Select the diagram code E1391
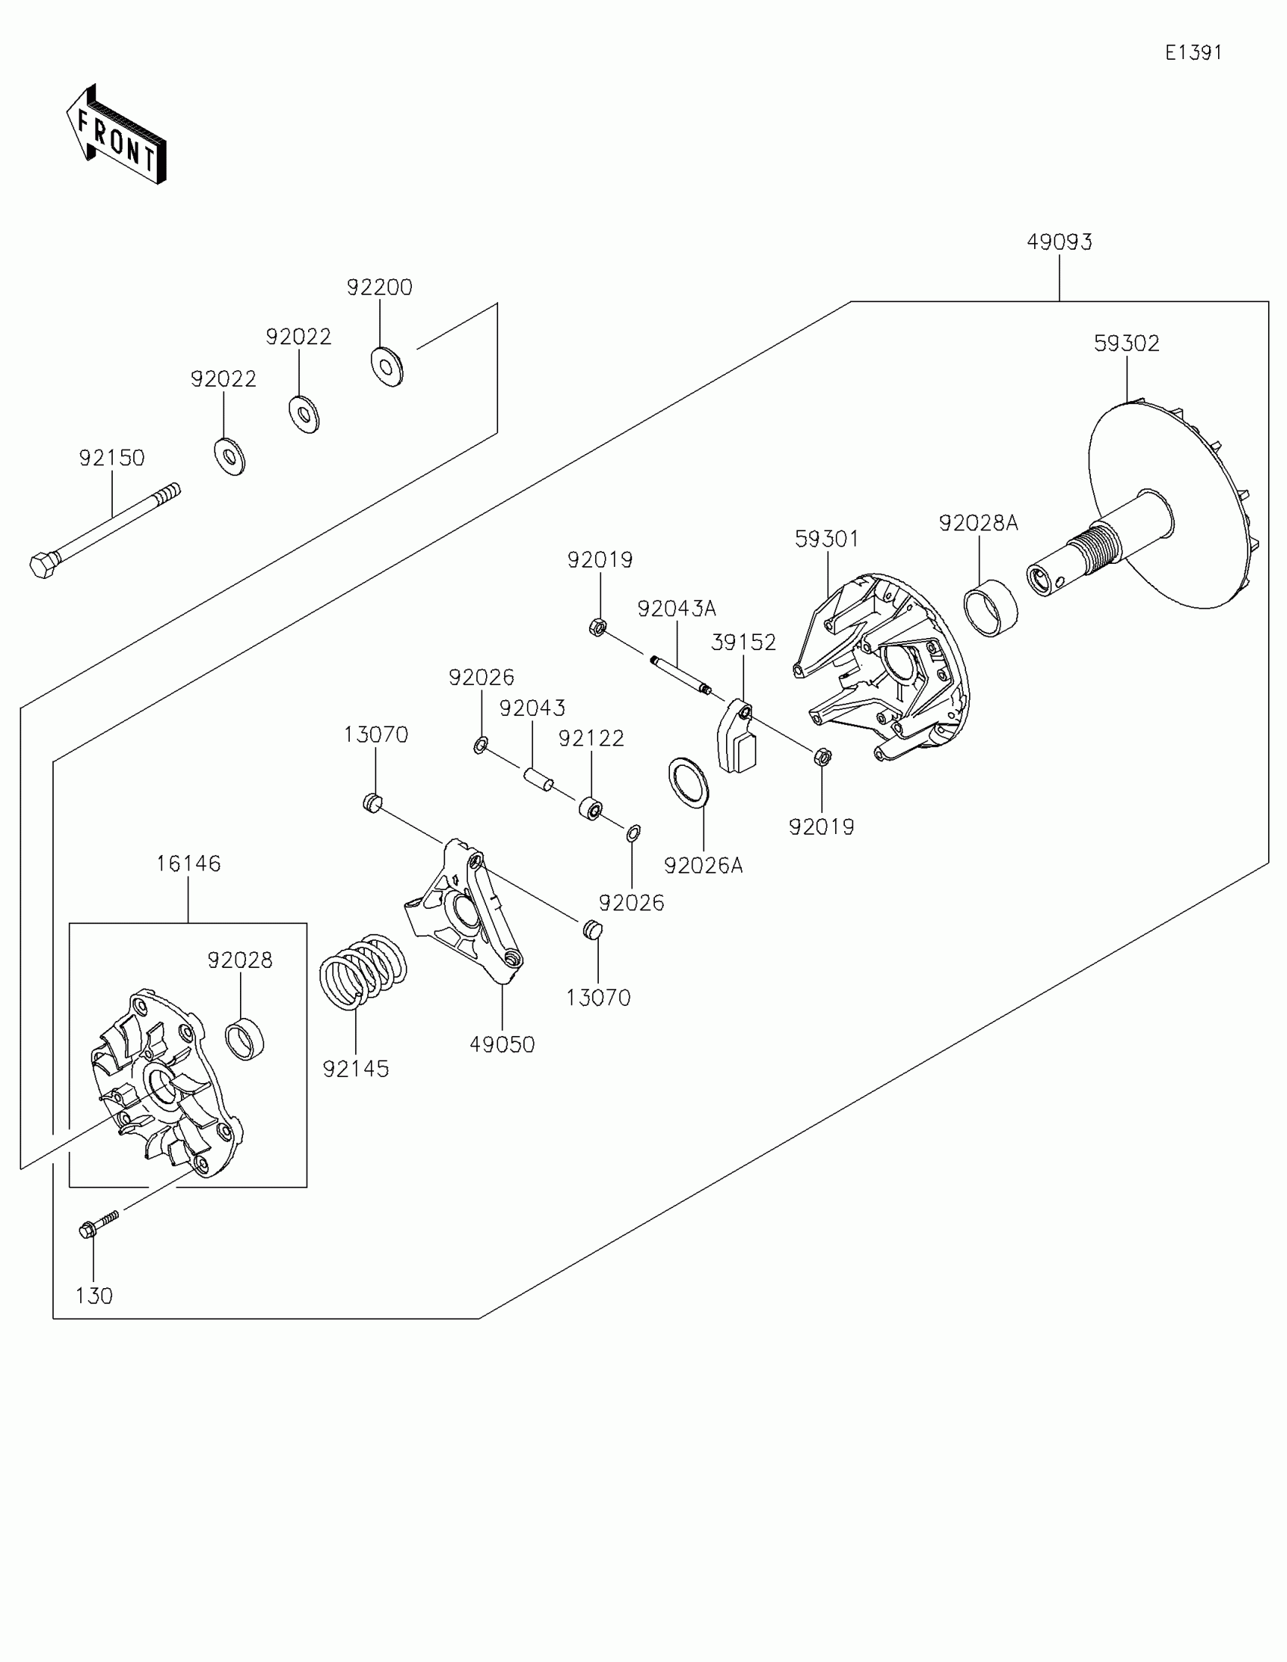[1192, 52]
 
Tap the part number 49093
[1058, 242]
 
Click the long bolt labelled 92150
[107, 531]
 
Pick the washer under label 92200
[387, 366]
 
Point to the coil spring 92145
[362, 972]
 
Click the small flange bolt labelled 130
[98, 1225]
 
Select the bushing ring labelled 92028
[245, 1038]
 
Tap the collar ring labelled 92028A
[991, 607]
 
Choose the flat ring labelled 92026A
[688, 783]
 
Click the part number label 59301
[827, 539]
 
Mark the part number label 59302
[1127, 343]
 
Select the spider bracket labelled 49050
[464, 910]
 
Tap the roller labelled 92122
[591, 808]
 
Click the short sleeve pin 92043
[538, 780]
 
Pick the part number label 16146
[189, 864]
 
